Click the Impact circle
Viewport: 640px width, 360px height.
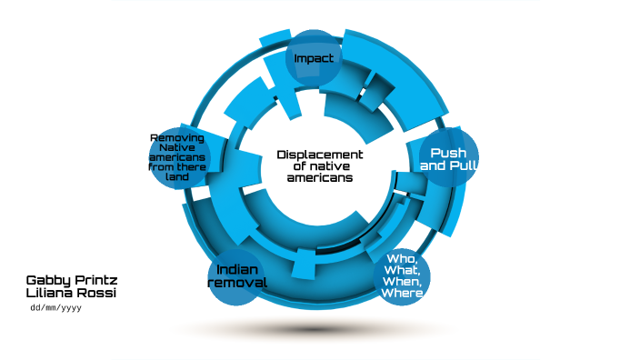(314, 58)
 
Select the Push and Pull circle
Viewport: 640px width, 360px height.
(448, 160)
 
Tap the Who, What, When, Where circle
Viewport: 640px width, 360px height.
(402, 275)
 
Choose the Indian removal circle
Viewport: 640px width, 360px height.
(237, 276)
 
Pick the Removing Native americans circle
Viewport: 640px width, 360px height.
(179, 157)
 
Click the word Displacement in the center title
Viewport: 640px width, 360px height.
(320, 155)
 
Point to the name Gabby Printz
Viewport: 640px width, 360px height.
(72, 280)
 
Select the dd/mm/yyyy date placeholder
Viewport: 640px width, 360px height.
(57, 308)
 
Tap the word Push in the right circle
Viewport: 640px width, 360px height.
(448, 153)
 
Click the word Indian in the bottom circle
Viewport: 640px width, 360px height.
(237, 269)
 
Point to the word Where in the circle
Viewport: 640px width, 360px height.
(402, 293)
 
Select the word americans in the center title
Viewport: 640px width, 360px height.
(320, 178)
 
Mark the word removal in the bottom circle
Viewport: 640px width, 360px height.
(237, 283)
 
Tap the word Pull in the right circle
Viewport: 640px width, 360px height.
(463, 166)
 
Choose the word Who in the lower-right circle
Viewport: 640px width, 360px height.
(401, 258)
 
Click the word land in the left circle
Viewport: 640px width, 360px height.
(178, 177)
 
